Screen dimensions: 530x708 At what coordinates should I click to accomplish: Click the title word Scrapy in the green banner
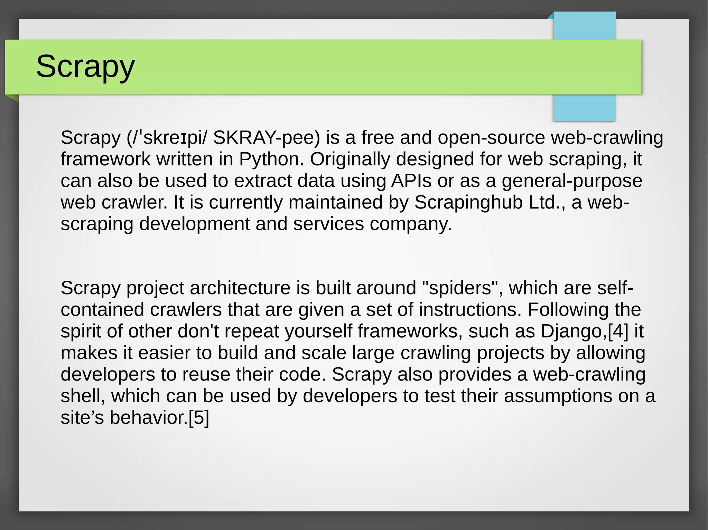click(x=85, y=66)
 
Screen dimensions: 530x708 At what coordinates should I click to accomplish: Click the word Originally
click(x=350, y=159)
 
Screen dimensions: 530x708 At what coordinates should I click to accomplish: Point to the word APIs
click(x=411, y=181)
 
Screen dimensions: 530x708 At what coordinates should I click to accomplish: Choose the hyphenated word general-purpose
click(x=572, y=181)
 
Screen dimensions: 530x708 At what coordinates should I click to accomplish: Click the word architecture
click(x=240, y=288)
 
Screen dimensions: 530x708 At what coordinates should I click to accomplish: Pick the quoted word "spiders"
click(x=460, y=288)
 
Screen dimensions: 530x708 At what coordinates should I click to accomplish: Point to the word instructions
click(x=470, y=310)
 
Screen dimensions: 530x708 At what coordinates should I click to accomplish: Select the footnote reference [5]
click(x=199, y=417)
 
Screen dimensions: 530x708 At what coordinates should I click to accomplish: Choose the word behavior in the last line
click(x=148, y=417)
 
